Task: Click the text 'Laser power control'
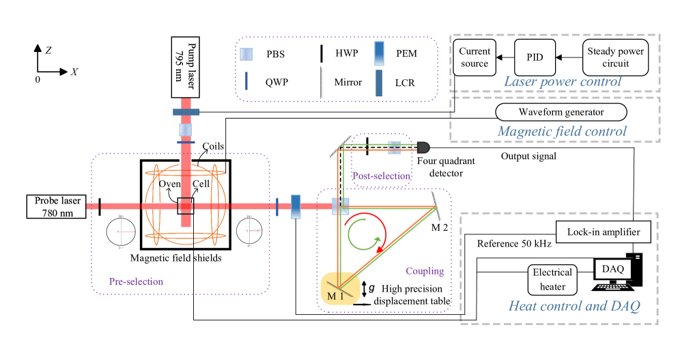point(563,81)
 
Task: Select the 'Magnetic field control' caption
point(562,131)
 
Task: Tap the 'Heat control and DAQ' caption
point(573,306)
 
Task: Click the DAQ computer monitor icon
point(612,270)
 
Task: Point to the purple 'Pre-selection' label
point(136,281)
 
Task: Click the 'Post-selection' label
point(381,176)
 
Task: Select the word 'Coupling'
point(425,271)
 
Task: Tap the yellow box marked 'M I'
point(339,289)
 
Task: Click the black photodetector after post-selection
point(423,147)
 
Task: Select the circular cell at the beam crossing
point(185,206)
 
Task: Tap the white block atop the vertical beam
point(185,94)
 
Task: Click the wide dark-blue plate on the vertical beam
point(186,111)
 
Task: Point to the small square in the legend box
point(246,55)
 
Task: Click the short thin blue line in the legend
point(246,81)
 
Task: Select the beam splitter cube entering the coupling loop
point(340,206)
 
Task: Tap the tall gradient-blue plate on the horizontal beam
point(296,206)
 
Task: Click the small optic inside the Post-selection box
point(394,147)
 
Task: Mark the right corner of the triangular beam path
point(435,208)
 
